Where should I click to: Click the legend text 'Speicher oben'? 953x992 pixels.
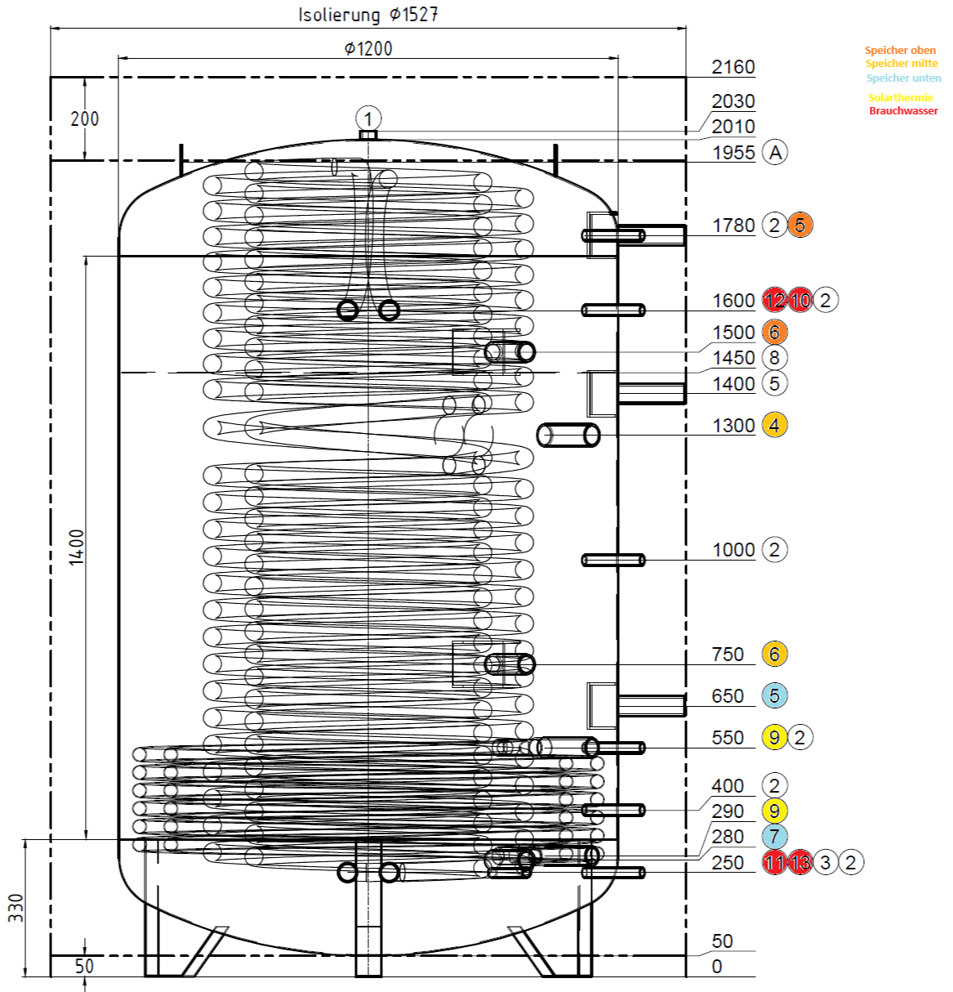[x=900, y=50]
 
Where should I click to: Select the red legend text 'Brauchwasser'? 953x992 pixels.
[x=903, y=111]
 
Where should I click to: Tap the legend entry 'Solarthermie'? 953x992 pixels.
[x=900, y=97]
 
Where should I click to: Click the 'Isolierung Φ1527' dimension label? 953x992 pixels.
[x=367, y=15]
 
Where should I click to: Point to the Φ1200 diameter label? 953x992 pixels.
[x=368, y=49]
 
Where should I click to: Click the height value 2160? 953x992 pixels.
[x=733, y=67]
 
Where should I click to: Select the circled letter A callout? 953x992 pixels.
[x=775, y=152]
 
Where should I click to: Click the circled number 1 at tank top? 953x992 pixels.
[x=368, y=118]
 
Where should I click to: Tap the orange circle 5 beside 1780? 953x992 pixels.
[x=800, y=225]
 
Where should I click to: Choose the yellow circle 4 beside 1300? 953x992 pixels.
[x=774, y=425]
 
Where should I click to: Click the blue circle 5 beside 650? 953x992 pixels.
[x=774, y=696]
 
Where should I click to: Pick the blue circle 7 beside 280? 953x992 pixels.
[x=774, y=836]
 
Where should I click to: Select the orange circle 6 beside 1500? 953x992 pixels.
[x=774, y=332]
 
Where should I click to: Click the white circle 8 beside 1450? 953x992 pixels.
[x=774, y=357]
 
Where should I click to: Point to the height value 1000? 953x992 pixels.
[x=733, y=550]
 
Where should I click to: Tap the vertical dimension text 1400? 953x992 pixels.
[x=76, y=547]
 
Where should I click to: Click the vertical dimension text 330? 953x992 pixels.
[x=16, y=908]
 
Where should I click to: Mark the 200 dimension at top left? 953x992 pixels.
[x=84, y=119]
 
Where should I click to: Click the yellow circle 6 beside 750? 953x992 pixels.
[x=774, y=654]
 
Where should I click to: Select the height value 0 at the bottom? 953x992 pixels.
[x=717, y=967]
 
